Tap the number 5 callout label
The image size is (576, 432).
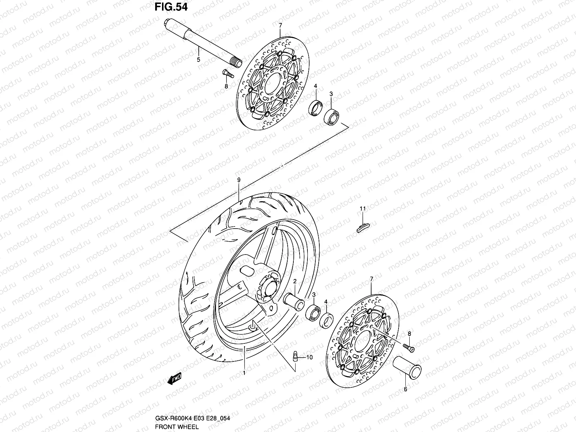208,60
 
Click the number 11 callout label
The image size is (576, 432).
363,208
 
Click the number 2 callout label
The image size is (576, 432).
294,281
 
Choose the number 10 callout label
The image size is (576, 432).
310,357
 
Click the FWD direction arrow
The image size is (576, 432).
174,379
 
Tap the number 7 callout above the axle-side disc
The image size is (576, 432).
280,25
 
